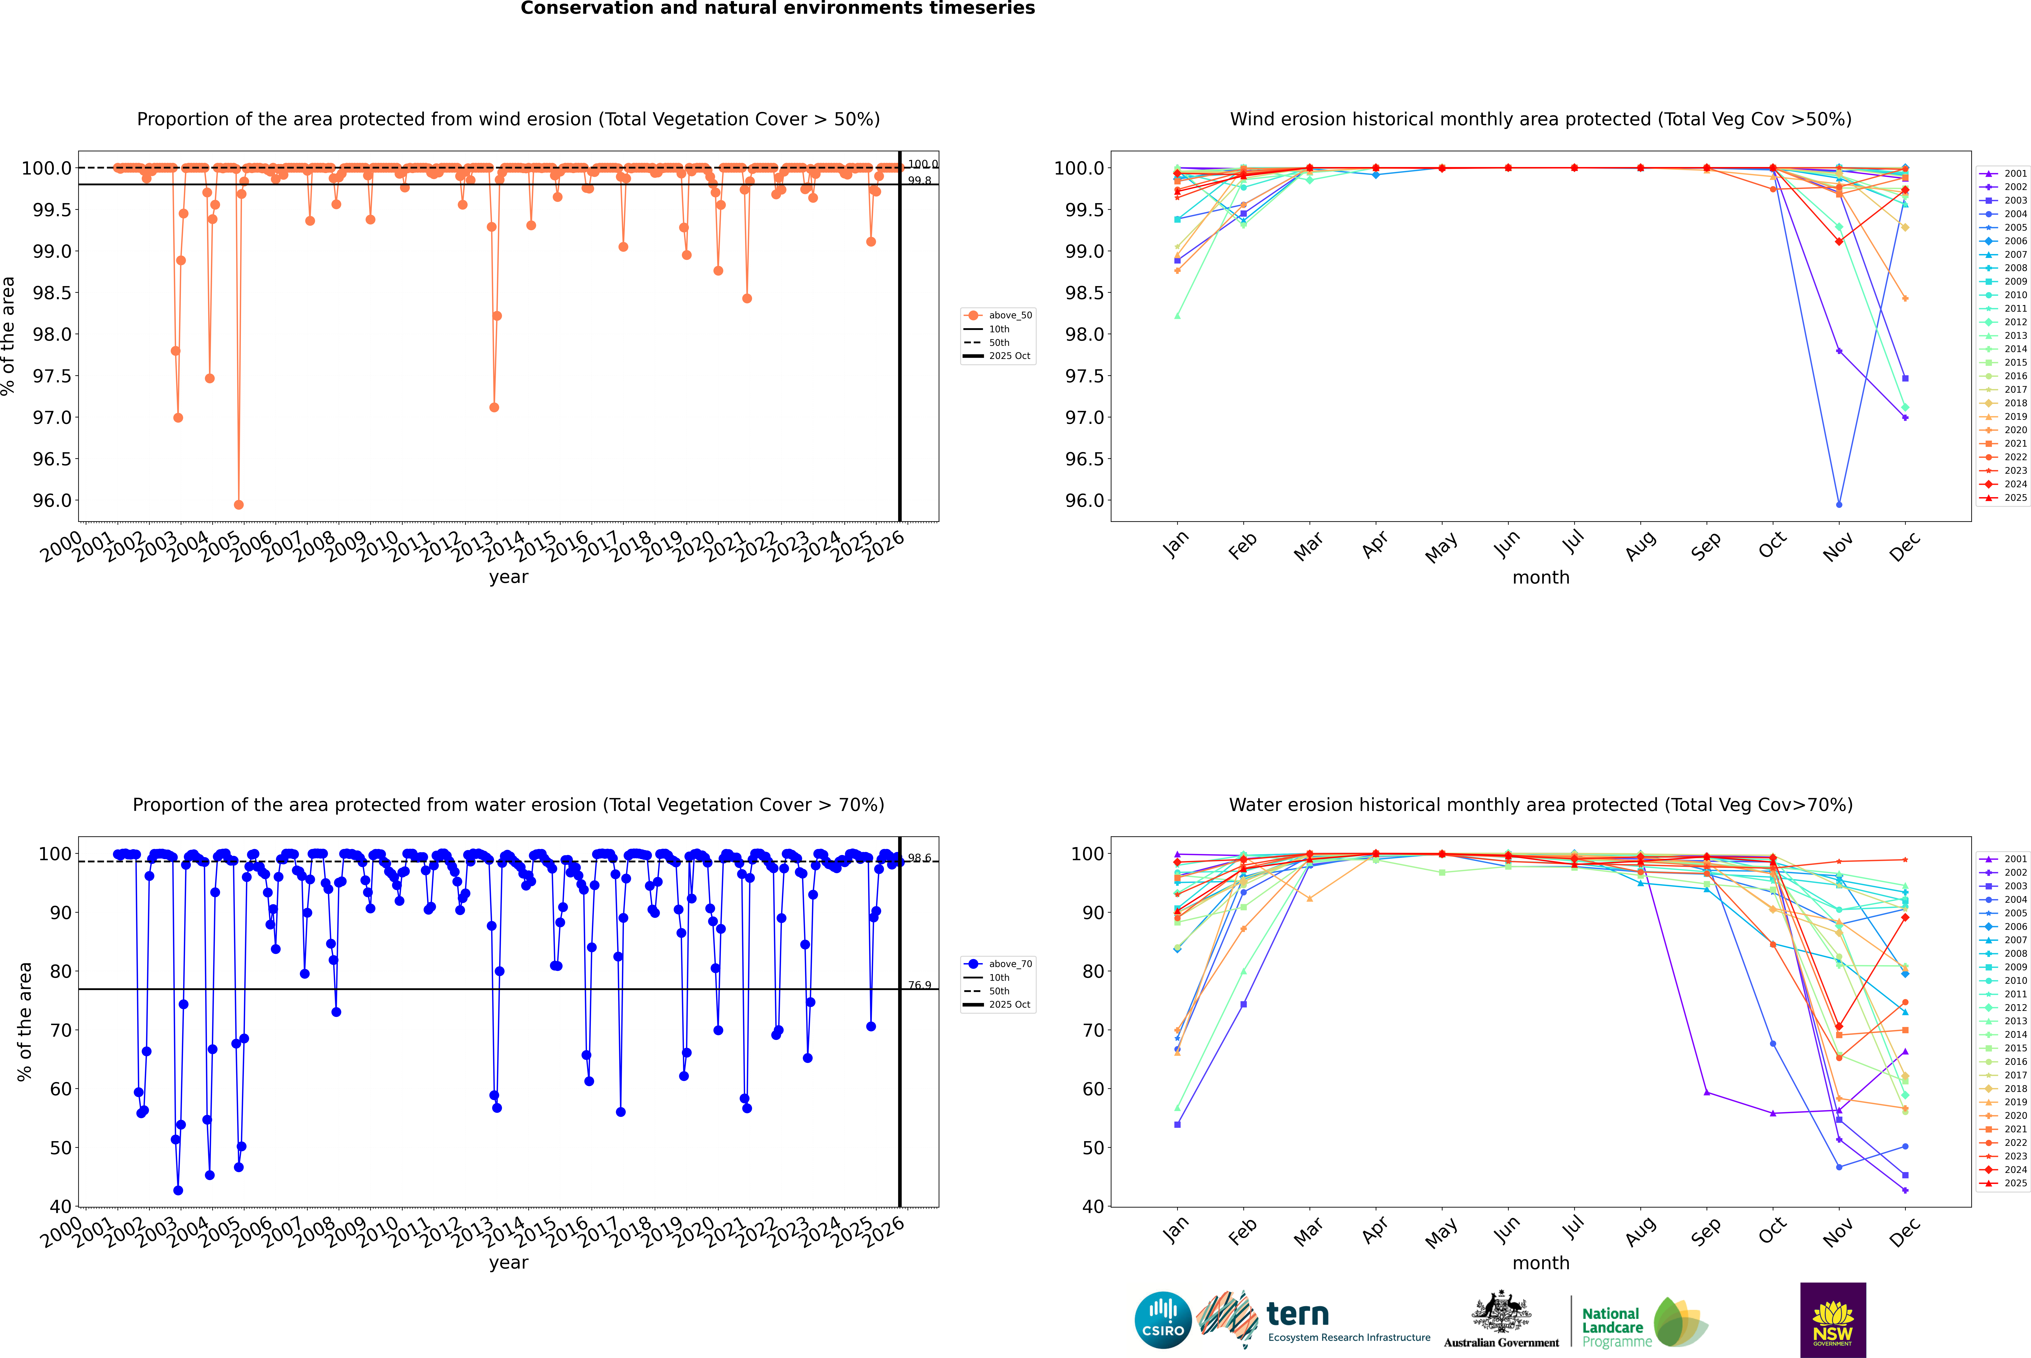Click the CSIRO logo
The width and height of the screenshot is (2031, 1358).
(1163, 1320)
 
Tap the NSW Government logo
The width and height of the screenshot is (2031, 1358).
(1833, 1320)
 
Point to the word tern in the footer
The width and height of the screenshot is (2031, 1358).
(1297, 1314)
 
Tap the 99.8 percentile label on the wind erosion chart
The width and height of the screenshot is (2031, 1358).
(919, 181)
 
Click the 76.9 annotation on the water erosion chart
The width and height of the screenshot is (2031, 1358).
(919, 986)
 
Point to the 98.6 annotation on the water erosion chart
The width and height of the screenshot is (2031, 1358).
(919, 858)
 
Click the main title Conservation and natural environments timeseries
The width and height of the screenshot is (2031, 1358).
(777, 9)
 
